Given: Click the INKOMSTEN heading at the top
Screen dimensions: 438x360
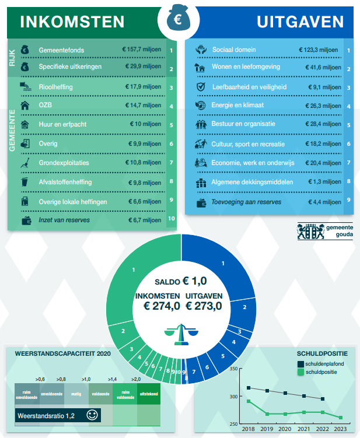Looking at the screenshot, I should click(72, 22).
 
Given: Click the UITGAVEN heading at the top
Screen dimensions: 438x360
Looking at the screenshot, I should click(300, 22).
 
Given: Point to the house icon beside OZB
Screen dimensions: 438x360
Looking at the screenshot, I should click(25, 106).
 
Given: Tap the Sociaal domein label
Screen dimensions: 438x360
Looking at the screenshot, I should click(234, 50).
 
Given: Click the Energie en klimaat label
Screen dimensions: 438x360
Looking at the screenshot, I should click(237, 106).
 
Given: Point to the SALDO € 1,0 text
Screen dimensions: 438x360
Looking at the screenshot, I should click(181, 281).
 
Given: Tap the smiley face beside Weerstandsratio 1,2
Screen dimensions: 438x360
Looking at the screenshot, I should click(92, 415).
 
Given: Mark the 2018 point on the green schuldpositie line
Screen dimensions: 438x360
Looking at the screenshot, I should click(249, 401).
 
